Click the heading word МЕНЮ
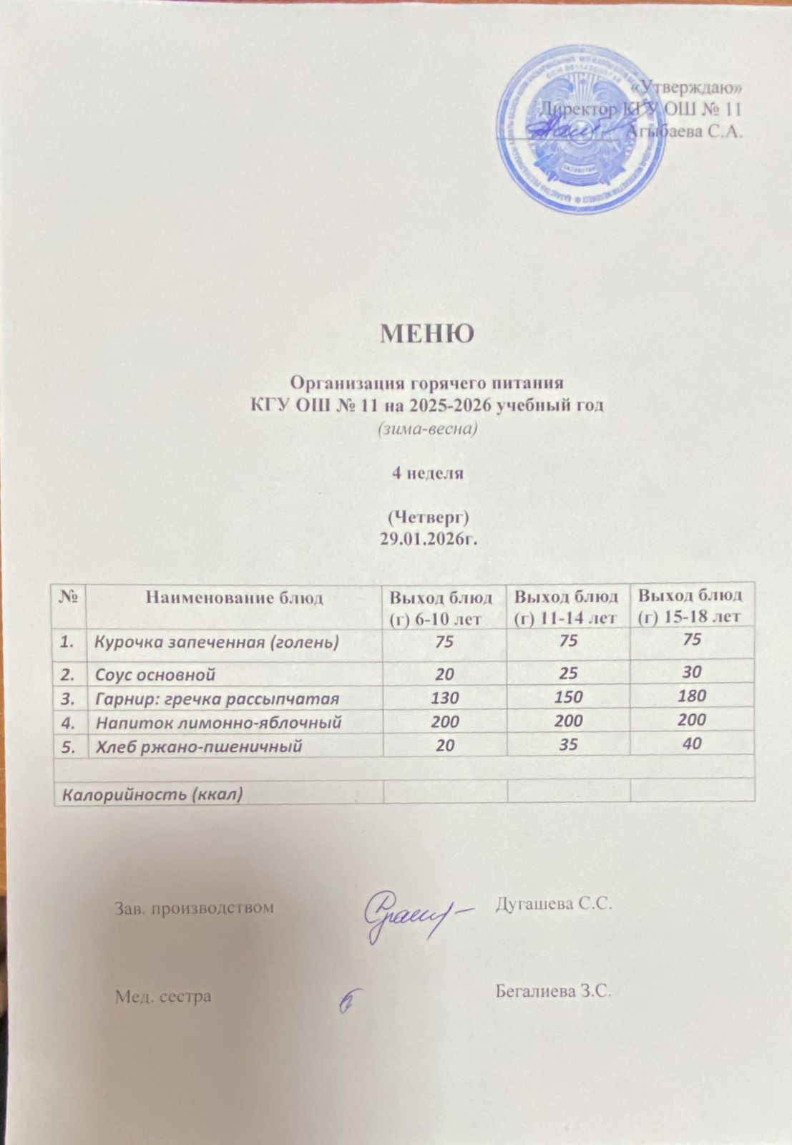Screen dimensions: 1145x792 (426, 333)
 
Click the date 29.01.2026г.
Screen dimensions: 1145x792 (427, 537)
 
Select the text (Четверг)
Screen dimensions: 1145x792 (427, 516)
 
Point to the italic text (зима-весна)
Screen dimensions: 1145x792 (427, 430)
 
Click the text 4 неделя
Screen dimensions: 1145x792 (427, 473)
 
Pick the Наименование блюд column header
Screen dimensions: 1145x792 (234, 598)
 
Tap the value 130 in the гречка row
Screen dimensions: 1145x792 (444, 697)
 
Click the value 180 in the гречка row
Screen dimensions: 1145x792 (691, 696)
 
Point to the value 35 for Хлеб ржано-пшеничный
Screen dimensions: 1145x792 (568, 745)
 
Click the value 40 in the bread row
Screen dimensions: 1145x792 (691, 744)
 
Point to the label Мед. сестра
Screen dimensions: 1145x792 (163, 996)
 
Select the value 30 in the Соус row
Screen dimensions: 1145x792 (691, 672)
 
